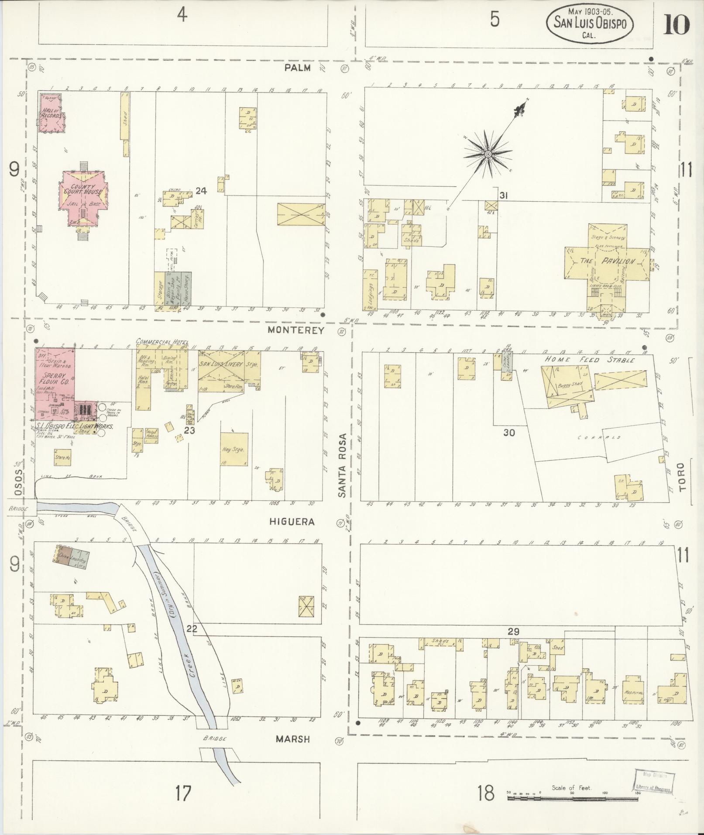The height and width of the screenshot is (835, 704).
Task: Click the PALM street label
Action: pyautogui.click(x=298, y=68)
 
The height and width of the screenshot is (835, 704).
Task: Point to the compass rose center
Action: pyautogui.click(x=488, y=153)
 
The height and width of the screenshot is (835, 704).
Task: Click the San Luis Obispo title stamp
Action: pyautogui.click(x=590, y=24)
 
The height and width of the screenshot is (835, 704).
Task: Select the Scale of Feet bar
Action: pyautogui.click(x=574, y=798)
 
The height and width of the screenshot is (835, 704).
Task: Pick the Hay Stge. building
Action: pyautogui.click(x=234, y=449)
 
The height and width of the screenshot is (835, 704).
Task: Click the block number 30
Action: pyautogui.click(x=509, y=433)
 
